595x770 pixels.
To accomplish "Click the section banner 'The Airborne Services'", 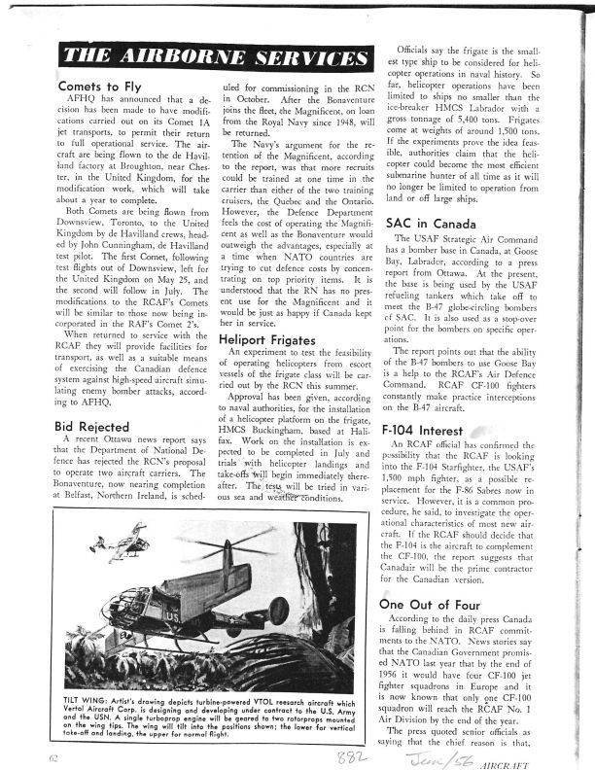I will (x=208, y=56).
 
